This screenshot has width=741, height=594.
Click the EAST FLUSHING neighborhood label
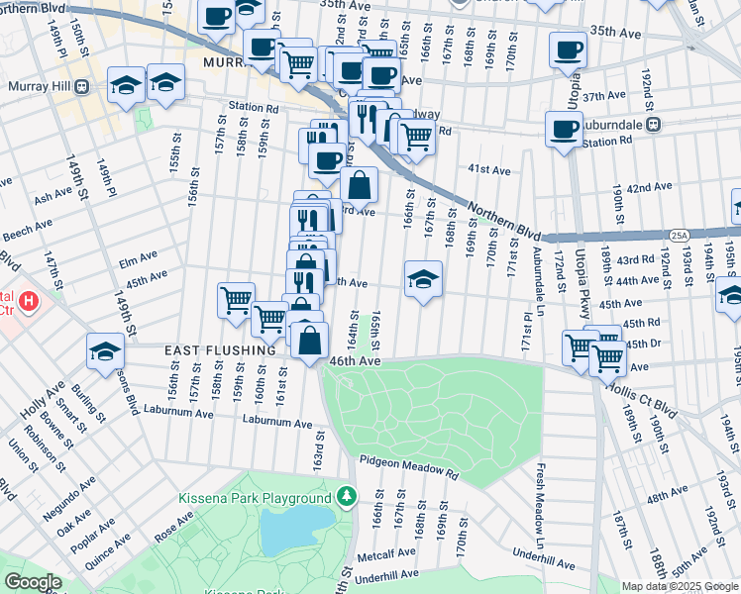pyautogui.click(x=220, y=350)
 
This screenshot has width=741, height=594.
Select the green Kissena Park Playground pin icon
pyautogui.click(x=346, y=495)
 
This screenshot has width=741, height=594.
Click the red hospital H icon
pyautogui.click(x=30, y=300)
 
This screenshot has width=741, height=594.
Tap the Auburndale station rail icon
pyautogui.click(x=653, y=125)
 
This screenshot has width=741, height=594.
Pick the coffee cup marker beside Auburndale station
pyautogui.click(x=564, y=129)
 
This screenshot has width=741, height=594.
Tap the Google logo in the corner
pyautogui.click(x=33, y=582)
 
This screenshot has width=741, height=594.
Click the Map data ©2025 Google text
pyautogui.click(x=680, y=586)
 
